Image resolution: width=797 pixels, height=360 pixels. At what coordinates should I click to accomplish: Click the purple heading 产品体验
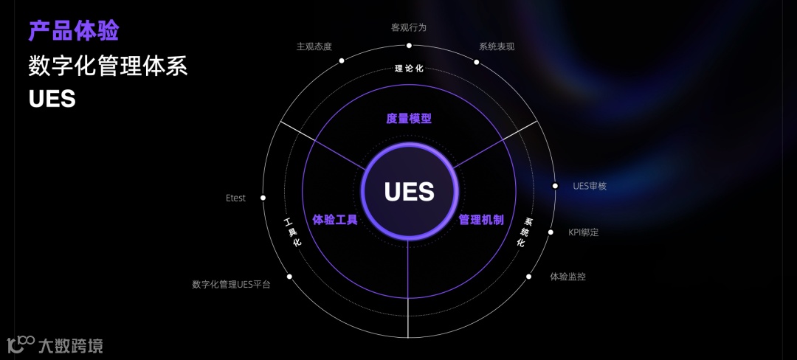74,31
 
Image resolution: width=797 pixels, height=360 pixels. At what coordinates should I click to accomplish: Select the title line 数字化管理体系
108,66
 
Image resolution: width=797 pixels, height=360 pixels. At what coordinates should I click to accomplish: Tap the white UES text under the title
52,99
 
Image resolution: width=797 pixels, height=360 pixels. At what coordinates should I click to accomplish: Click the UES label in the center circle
409,192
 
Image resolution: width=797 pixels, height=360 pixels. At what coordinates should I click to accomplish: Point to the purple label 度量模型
409,118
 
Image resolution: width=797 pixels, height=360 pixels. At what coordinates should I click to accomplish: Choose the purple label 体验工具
335,219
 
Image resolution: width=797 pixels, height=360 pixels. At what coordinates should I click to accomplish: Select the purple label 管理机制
481,219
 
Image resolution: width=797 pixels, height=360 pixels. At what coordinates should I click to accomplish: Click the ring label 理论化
409,69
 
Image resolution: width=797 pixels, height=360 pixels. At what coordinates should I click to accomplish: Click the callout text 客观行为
409,27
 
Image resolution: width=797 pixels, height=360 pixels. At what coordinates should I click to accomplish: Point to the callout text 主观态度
314,46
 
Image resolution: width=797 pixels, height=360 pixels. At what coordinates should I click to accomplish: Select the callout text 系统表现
497,46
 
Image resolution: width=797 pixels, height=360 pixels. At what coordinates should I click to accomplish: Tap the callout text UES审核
590,186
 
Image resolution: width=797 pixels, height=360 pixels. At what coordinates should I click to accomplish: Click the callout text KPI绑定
583,232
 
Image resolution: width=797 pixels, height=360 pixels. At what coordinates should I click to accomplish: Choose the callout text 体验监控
567,277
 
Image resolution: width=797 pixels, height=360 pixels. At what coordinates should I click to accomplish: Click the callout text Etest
235,198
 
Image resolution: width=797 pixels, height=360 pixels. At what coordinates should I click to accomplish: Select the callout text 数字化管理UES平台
231,284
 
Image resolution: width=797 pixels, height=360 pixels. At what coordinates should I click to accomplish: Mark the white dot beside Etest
263,198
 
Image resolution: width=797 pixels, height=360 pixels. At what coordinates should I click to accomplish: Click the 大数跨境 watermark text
70,345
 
